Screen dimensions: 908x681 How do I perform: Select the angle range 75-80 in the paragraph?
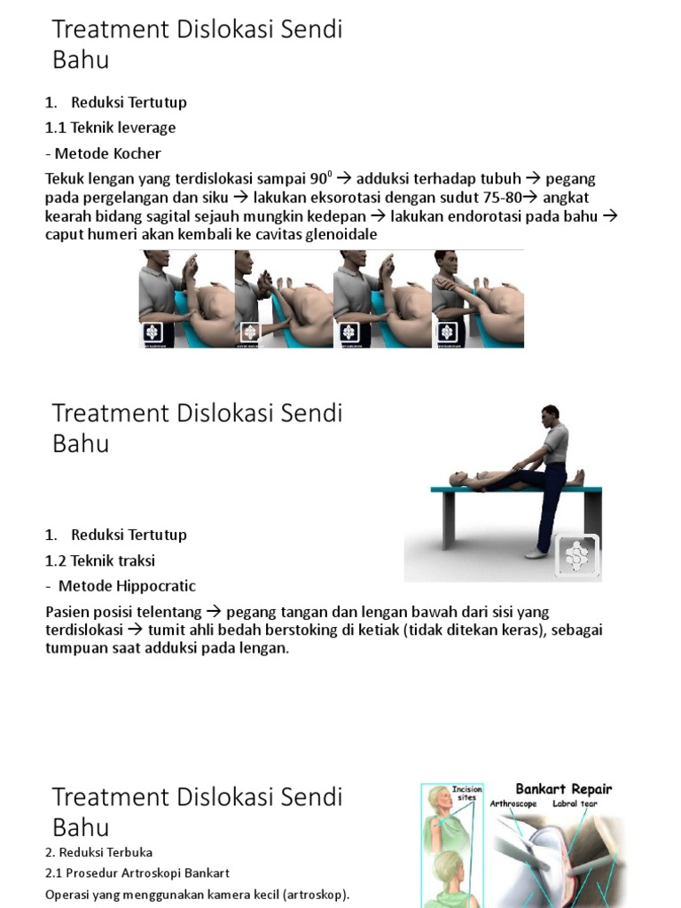[x=501, y=197]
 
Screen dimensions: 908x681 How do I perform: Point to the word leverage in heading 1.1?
[x=146, y=128]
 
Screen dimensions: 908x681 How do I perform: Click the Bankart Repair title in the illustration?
[x=564, y=788]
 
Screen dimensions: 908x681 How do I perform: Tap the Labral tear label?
[x=577, y=804]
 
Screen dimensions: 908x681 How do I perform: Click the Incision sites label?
[x=467, y=794]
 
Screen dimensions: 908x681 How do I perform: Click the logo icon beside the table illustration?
[x=576, y=557]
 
